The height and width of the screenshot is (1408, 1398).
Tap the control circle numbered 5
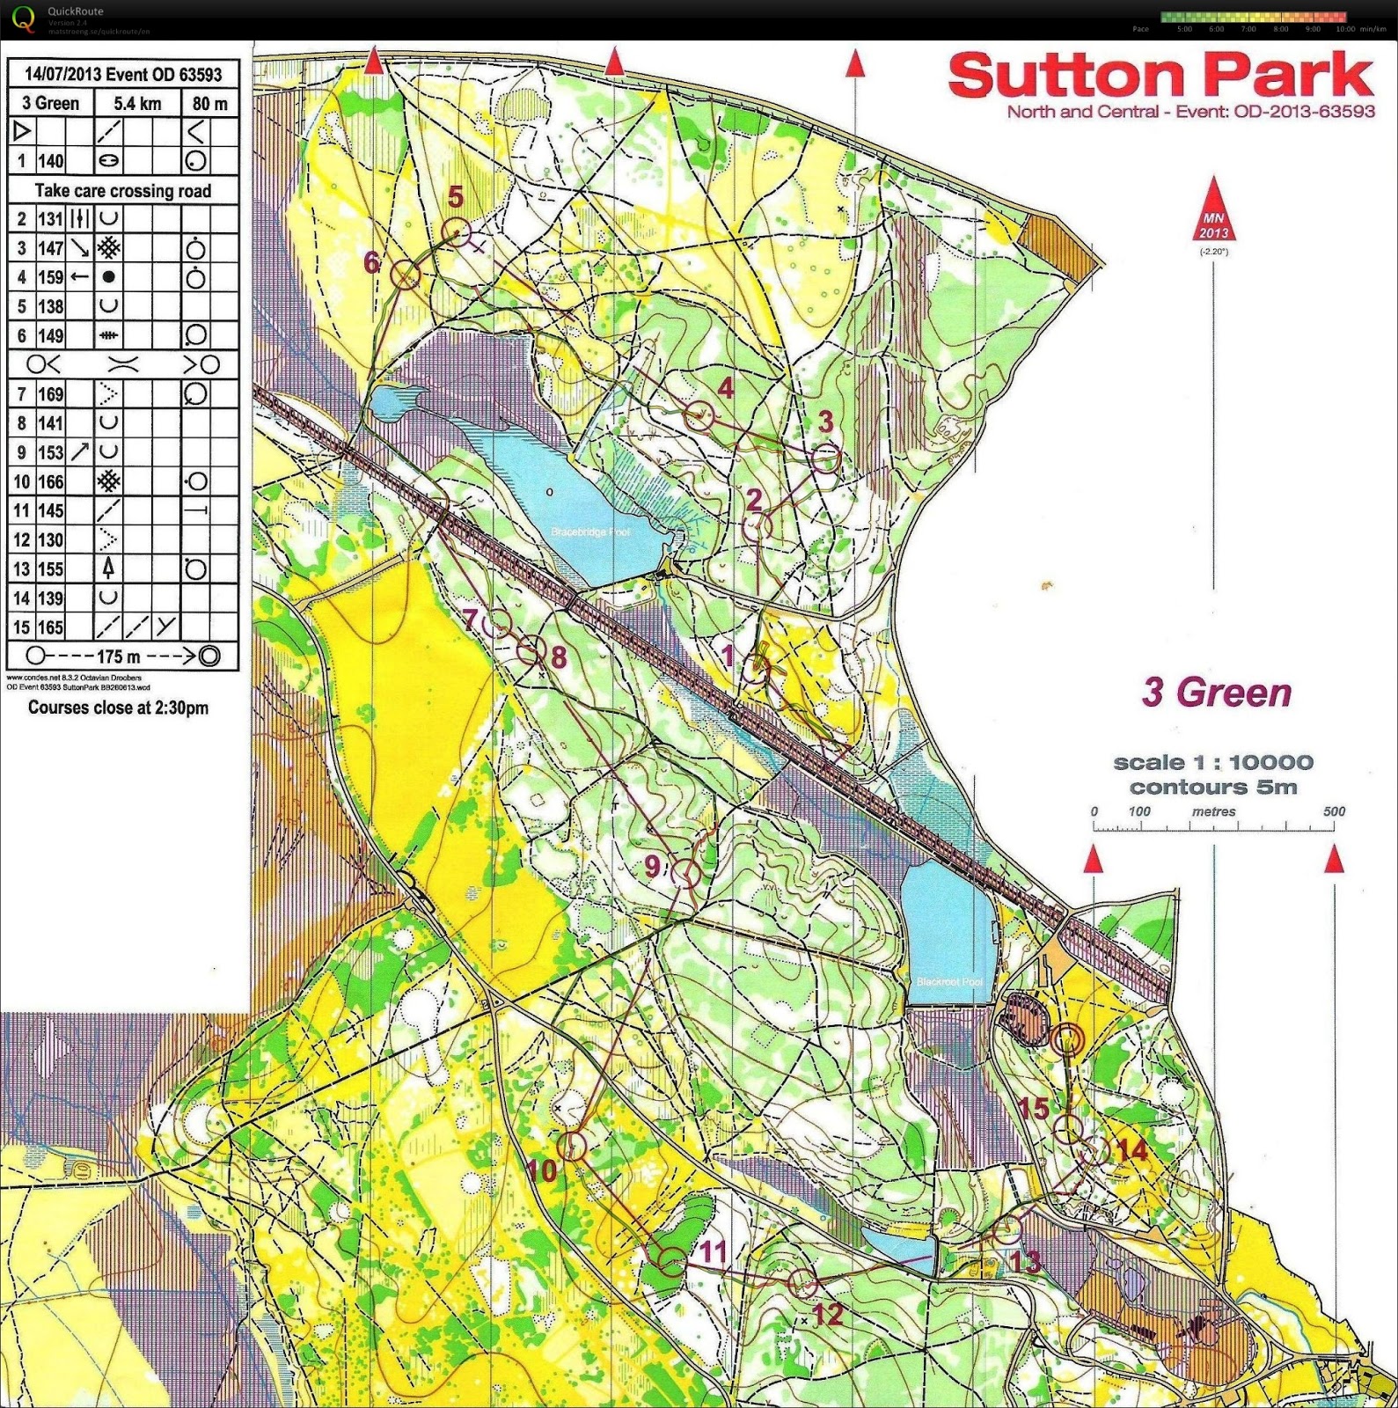[x=457, y=232]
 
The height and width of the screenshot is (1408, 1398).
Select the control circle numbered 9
[x=686, y=874]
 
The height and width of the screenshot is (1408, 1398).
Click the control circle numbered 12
[x=801, y=1282]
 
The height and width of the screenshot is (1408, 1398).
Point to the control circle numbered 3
[x=826, y=458]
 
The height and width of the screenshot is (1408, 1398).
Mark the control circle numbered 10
[x=573, y=1146]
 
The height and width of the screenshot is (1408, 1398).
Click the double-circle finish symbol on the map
[x=1067, y=1038]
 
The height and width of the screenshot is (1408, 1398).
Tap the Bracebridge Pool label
[x=590, y=532]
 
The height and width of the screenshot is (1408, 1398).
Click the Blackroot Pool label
[x=948, y=982]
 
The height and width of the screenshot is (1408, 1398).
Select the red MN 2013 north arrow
[x=1213, y=211]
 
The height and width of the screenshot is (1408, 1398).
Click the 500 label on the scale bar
[x=1334, y=811]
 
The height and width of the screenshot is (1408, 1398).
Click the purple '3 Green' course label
[x=1217, y=693]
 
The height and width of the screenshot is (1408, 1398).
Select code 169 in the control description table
[x=50, y=393]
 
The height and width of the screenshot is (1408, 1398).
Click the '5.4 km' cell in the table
[x=137, y=104]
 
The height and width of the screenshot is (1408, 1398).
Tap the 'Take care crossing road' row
[x=122, y=191]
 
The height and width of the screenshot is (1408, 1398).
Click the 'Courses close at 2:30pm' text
[x=118, y=708]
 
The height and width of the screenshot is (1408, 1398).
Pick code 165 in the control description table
[x=50, y=627]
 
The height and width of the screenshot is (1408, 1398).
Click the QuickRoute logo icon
[x=25, y=18]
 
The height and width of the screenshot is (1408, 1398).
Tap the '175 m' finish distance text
[x=118, y=656]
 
